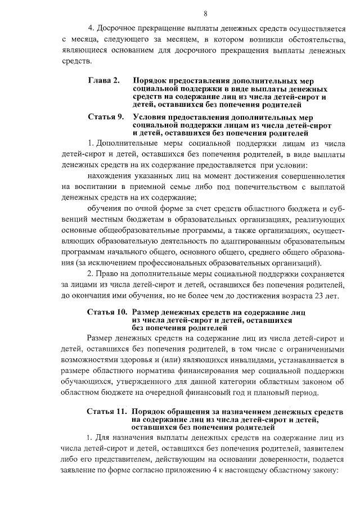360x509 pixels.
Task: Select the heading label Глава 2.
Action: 103,81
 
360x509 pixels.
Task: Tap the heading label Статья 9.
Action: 105,117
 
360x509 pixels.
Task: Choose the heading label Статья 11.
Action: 107,411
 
